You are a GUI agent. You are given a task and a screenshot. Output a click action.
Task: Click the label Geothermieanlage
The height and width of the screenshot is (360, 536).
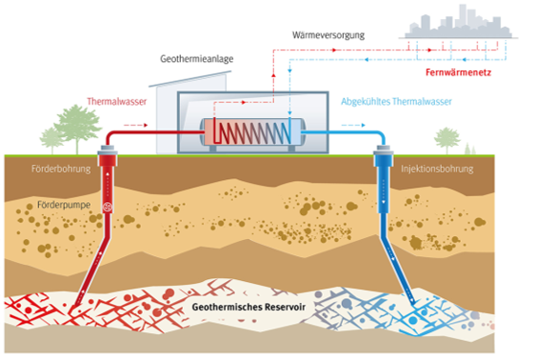[x=196, y=58]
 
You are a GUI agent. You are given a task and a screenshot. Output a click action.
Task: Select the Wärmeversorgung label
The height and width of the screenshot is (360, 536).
[x=328, y=35]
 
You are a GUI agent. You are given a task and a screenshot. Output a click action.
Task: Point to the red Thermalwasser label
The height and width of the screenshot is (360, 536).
[x=117, y=100]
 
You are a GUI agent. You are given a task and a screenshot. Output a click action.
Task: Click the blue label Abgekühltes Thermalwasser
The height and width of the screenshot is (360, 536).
[x=395, y=100]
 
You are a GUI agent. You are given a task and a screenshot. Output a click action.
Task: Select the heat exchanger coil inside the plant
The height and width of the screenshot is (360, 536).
[x=248, y=130]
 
